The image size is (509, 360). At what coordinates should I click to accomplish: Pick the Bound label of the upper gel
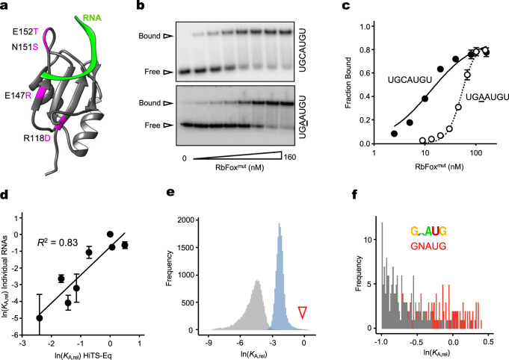(166, 34)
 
